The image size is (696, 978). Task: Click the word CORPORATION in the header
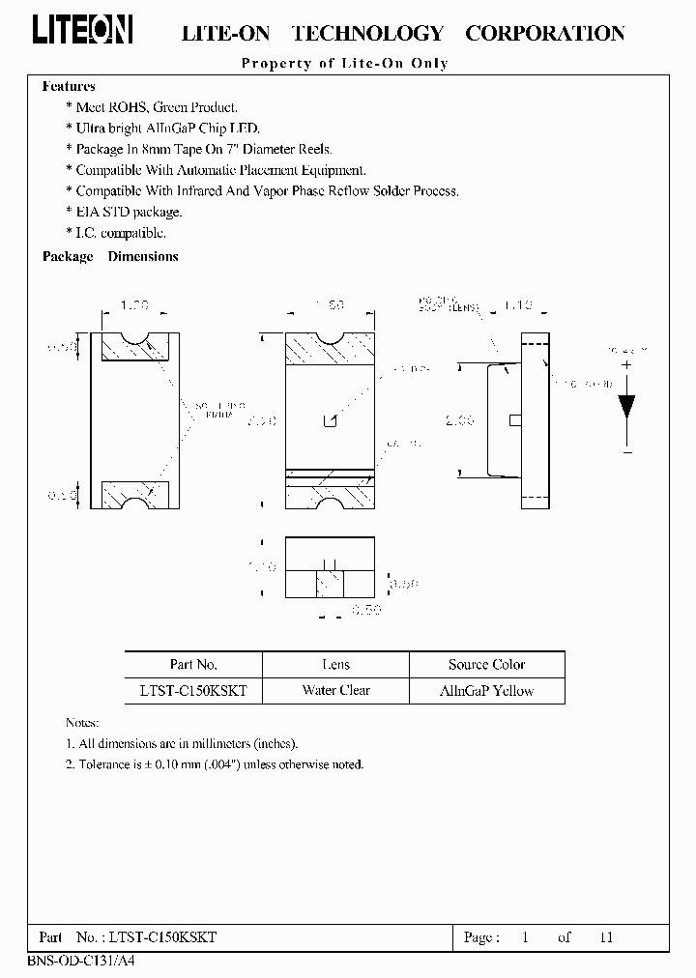545,34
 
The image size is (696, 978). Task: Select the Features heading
69,86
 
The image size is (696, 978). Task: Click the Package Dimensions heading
110,257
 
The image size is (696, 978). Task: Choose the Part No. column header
193,665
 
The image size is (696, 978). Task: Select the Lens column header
335,665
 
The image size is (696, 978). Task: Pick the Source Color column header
486,665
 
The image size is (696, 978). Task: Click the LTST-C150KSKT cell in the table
193,691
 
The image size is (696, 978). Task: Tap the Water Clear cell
335,691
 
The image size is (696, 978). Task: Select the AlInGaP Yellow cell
486,691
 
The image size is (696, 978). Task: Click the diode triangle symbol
626,404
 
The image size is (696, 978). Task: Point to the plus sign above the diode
626,365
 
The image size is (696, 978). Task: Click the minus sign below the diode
626,452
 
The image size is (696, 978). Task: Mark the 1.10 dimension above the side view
518,305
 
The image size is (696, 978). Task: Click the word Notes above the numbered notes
81,723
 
